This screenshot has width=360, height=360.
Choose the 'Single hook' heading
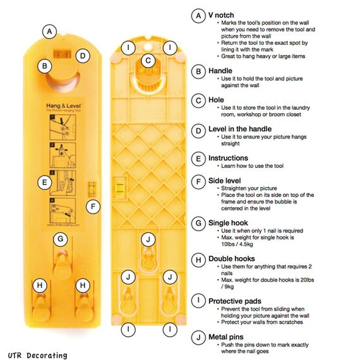tap(229, 222)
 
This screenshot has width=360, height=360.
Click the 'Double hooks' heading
tap(232, 258)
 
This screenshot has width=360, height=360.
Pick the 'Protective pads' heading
tap(236, 301)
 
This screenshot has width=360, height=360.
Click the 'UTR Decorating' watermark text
tap(38, 355)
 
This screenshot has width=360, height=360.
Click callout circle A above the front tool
tap(50, 30)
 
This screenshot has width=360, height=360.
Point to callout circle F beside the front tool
tap(93, 206)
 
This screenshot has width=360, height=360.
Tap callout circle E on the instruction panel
tap(44, 182)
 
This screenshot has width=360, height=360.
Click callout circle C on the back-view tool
tap(147, 61)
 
